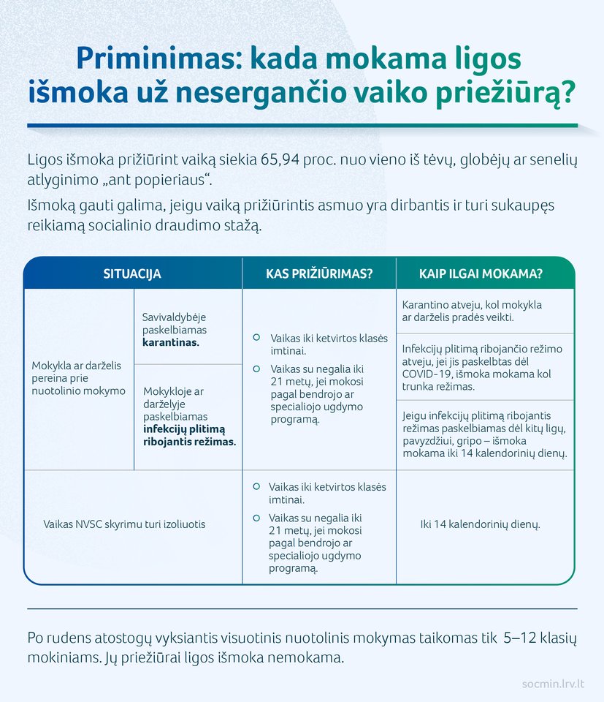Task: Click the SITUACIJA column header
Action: (x=132, y=274)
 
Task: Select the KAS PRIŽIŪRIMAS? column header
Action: (x=319, y=274)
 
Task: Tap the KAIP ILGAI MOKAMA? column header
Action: (x=481, y=274)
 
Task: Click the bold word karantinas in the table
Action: (x=169, y=341)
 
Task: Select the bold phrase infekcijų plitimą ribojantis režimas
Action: (x=189, y=436)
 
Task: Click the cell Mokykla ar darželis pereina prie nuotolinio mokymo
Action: (x=78, y=378)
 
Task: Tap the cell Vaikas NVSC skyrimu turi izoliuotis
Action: (x=124, y=524)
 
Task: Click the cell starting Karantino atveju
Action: (x=472, y=311)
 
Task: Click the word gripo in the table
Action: (x=473, y=441)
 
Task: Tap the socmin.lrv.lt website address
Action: (x=553, y=684)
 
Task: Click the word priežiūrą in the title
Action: (x=503, y=94)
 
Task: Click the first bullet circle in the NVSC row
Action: (x=256, y=486)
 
